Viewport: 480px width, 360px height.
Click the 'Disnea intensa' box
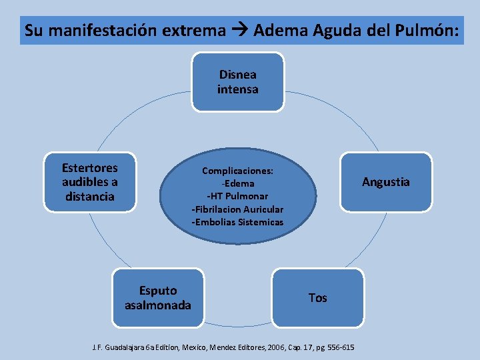pos(237,82)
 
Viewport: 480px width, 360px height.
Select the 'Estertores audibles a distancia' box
pos(89,182)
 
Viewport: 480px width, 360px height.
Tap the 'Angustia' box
pos(385,182)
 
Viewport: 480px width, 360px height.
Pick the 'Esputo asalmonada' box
pos(157,298)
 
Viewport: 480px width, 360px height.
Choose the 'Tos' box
pos(318,298)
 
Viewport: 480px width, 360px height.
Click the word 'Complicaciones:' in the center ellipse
pos(237,170)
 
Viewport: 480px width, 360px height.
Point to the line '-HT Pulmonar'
pos(237,196)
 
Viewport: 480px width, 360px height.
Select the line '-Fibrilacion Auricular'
pos(237,209)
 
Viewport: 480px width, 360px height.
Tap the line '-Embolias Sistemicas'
pos(237,221)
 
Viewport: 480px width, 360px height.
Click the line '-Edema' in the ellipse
pos(237,183)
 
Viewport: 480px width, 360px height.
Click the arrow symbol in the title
pos(239,31)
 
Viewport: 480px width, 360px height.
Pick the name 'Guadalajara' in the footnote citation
pos(129,347)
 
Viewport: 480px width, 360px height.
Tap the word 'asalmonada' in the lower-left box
pos(157,305)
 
